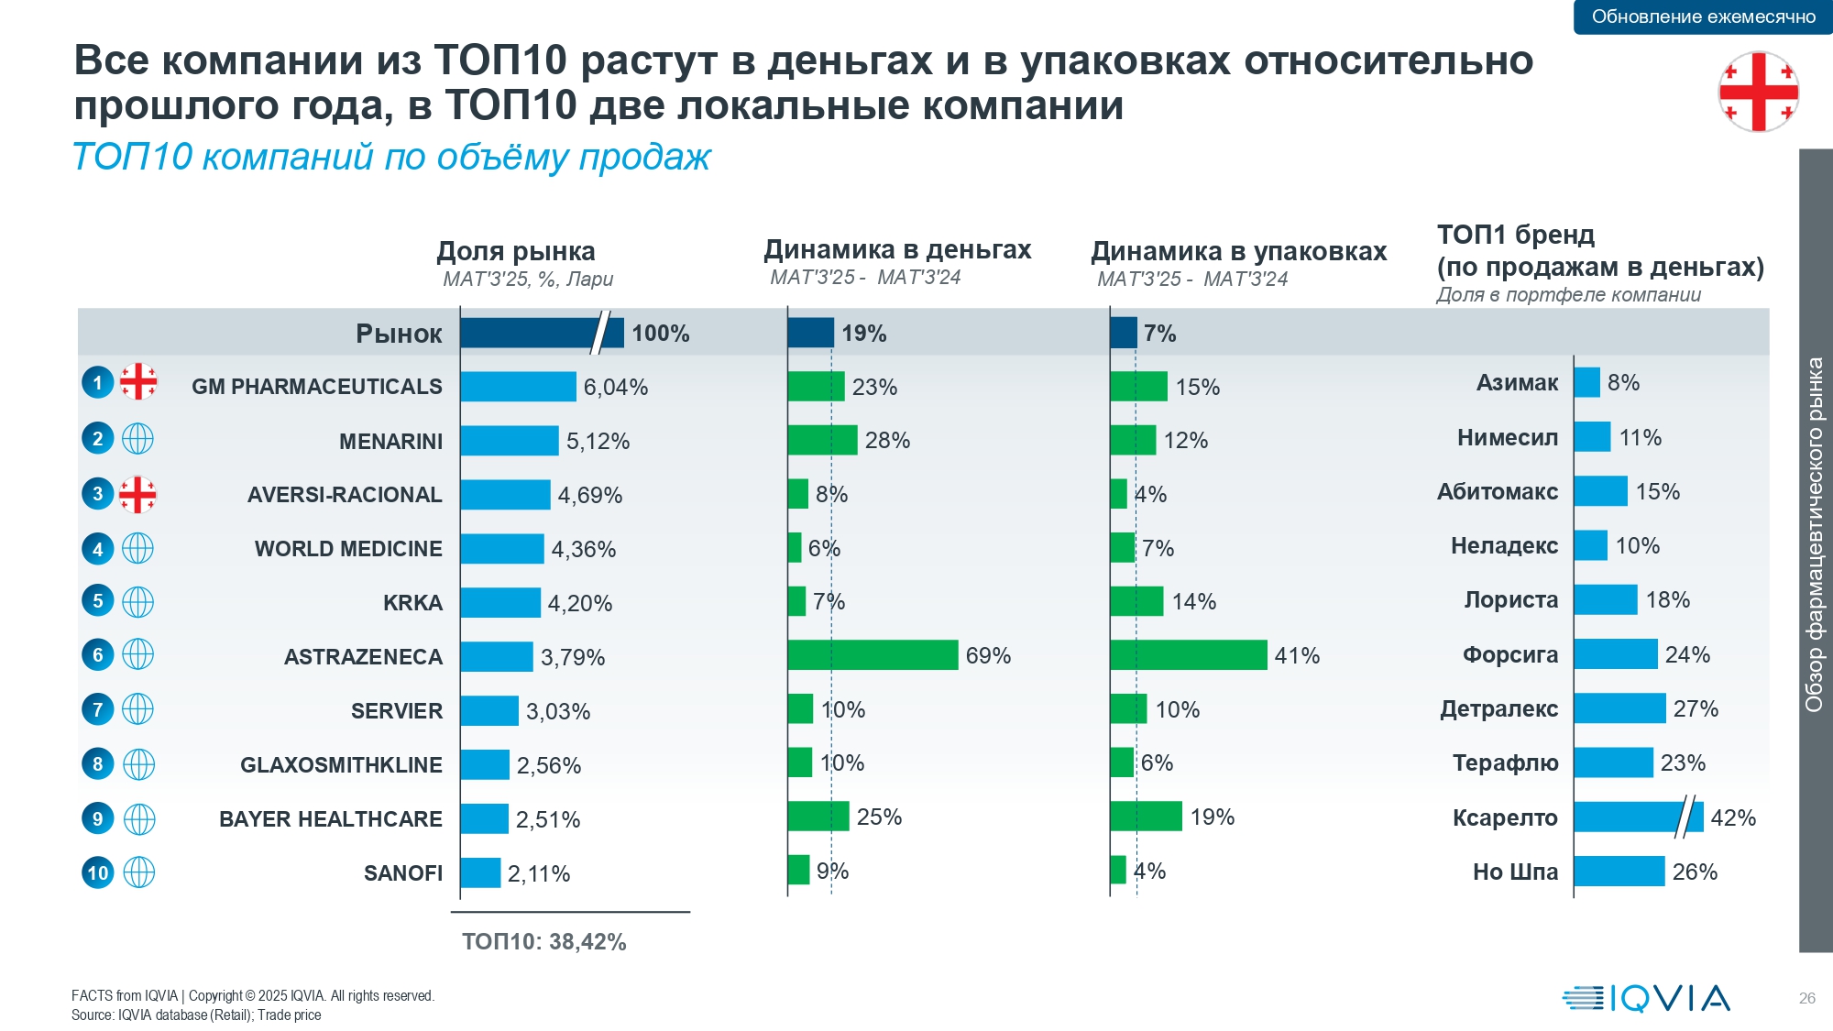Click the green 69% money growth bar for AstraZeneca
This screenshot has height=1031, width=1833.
[x=873, y=655]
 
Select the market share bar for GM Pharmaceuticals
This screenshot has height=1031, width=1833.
[x=518, y=387]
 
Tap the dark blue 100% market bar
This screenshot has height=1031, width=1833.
[x=541, y=333]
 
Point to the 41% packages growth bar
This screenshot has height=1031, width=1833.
[x=1188, y=655]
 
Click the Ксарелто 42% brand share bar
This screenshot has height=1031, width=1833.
[x=1638, y=817]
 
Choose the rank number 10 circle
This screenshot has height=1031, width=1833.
[x=98, y=872]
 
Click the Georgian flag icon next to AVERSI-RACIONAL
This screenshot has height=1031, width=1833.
[x=137, y=495]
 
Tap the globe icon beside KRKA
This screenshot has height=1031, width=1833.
[x=137, y=602]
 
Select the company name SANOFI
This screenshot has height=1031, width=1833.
[x=403, y=873]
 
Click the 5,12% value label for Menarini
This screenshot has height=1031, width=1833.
[x=598, y=442]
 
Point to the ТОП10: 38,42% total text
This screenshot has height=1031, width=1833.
[x=544, y=942]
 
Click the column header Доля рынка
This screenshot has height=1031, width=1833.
[x=516, y=251]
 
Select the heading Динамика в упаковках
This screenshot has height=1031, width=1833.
[x=1238, y=251]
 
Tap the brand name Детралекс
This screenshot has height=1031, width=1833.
[x=1498, y=708]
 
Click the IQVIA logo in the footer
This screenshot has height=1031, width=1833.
[x=1646, y=998]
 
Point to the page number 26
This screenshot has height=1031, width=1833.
[x=1806, y=998]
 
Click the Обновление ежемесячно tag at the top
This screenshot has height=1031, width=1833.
[x=1703, y=16]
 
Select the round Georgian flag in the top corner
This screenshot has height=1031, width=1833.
[x=1758, y=92]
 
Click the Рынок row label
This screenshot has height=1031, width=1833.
[x=399, y=334]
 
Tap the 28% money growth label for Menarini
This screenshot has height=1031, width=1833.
[x=887, y=441]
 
